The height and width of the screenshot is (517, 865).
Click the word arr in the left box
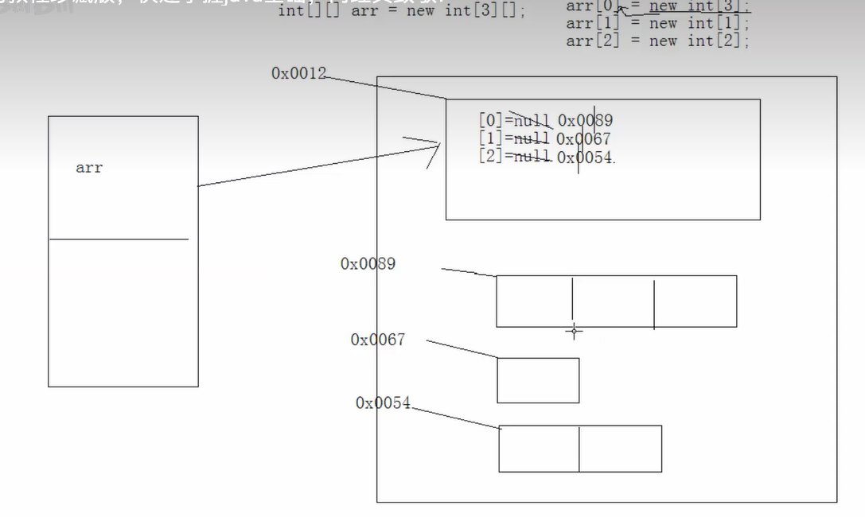pos(89,168)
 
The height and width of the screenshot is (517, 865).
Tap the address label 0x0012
pos(298,73)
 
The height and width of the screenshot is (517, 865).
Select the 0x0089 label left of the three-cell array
pos(368,263)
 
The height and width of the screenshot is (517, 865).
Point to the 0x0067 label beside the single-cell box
pos(377,340)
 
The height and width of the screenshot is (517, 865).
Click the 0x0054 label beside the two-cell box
pos(383,403)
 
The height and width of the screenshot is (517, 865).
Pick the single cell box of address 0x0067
pos(538,380)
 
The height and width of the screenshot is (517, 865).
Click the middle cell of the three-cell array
pos(613,301)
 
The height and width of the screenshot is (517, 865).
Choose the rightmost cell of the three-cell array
pos(695,301)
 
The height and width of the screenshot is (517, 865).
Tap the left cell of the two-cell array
pos(539,449)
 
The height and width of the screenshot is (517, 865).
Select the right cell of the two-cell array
pos(620,449)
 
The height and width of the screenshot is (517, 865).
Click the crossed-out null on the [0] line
pos(532,121)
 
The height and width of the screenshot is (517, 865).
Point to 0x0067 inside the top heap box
pos(583,139)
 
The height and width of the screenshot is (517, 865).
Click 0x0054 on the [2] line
pos(585,157)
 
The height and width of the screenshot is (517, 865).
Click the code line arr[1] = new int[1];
pos(657,23)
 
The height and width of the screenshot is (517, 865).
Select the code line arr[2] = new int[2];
pos(657,41)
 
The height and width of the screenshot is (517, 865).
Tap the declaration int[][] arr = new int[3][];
pos(402,11)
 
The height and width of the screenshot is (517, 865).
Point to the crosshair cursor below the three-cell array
pos(574,331)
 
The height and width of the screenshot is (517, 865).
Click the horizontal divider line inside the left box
pos(119,239)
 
